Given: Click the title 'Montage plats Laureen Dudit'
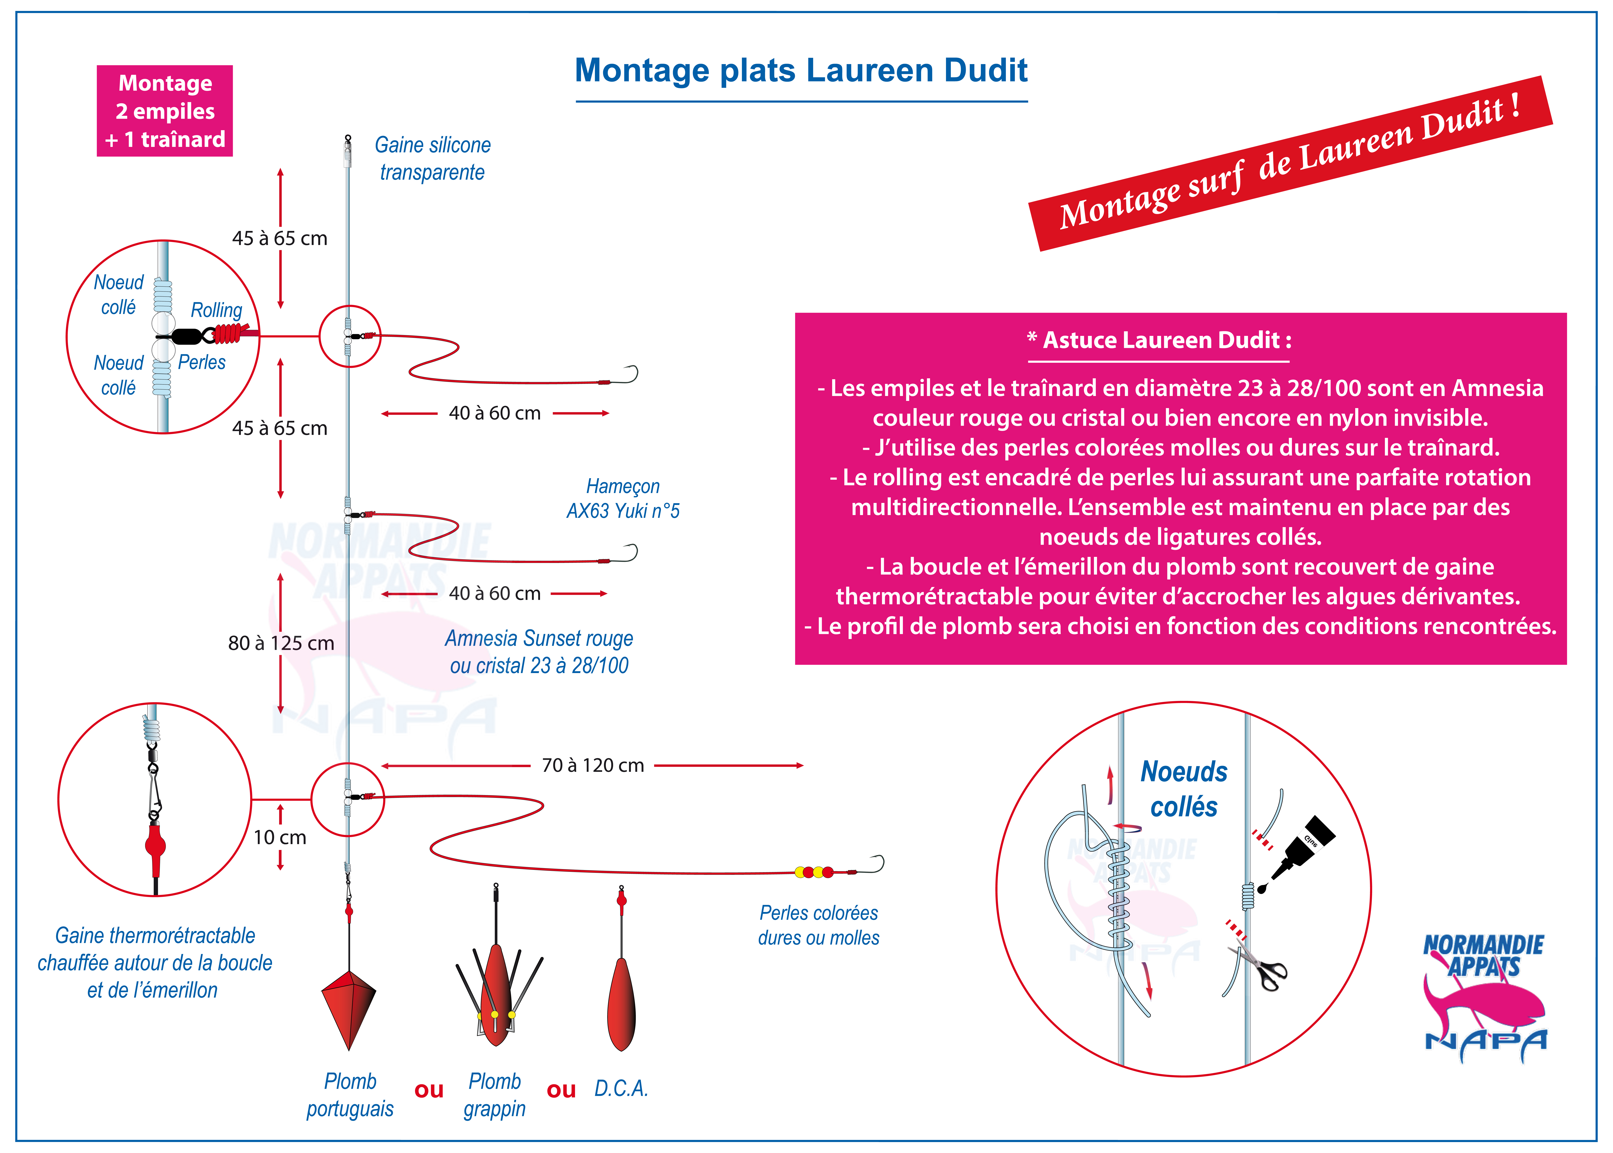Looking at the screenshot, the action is pyautogui.click(x=801, y=70).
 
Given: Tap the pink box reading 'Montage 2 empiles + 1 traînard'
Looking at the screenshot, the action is pyautogui.click(x=165, y=111).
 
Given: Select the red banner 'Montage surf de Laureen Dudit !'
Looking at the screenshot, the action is pyautogui.click(x=1290, y=163).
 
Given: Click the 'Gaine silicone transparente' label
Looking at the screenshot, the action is pyautogui.click(x=432, y=158).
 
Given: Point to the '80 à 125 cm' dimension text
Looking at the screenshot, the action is pyautogui.click(x=281, y=643).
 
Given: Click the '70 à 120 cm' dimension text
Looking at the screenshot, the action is pyautogui.click(x=593, y=765).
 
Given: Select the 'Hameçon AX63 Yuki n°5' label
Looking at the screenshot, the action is pyautogui.click(x=623, y=498).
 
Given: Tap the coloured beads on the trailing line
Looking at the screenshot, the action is pyautogui.click(x=814, y=872).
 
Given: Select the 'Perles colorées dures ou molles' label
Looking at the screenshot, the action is pyautogui.click(x=819, y=925).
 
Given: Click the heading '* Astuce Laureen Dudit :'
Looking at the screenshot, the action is pyautogui.click(x=1159, y=340).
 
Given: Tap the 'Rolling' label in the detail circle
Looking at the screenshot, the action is pyautogui.click(x=217, y=310).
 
